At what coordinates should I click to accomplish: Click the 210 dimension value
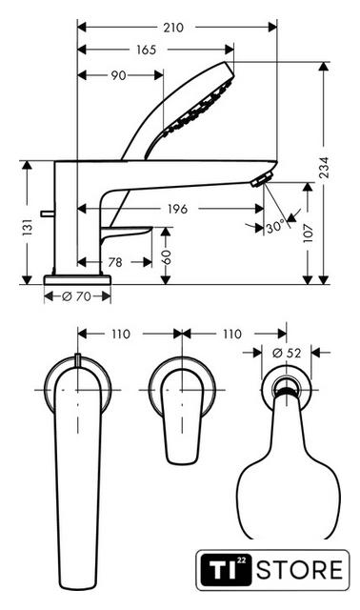173,28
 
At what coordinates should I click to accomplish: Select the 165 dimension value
146,50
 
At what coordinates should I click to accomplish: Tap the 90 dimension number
119,75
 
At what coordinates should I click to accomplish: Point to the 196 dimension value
177,209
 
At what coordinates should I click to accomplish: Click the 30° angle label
276,227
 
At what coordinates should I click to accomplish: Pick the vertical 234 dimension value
324,168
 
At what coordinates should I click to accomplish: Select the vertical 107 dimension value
308,233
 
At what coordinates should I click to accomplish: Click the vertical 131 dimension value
27,228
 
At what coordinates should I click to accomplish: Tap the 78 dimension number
115,263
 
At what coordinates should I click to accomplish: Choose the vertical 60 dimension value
166,257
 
